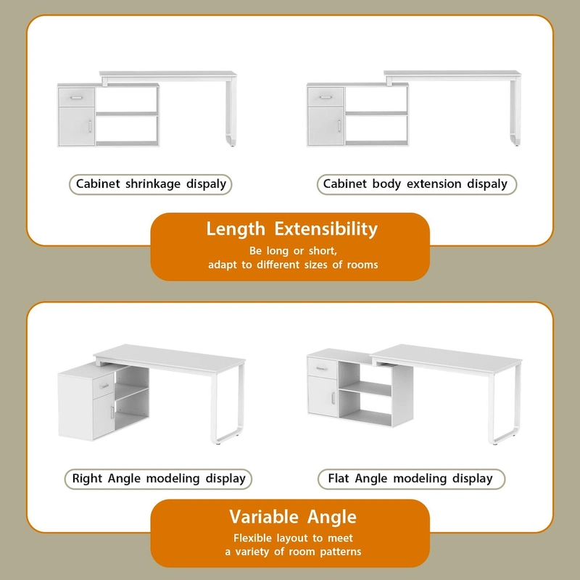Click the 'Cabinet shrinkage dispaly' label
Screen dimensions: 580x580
pyautogui.click(x=152, y=184)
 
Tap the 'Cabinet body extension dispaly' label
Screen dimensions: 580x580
pyautogui.click(x=415, y=184)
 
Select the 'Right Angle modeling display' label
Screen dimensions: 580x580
pyautogui.click(x=159, y=478)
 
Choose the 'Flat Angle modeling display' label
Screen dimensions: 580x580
pyautogui.click(x=410, y=478)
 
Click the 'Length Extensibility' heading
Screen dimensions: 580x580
pyautogui.click(x=291, y=230)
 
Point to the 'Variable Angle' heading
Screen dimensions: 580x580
pyautogui.click(x=293, y=517)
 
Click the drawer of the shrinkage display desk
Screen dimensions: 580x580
pyautogui.click(x=76, y=96)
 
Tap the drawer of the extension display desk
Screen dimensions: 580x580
pyautogui.click(x=326, y=96)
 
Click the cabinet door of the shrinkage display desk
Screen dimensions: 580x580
pyautogui.click(x=76, y=126)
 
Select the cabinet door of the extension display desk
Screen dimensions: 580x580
pyautogui.click(x=326, y=126)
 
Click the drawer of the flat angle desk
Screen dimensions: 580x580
pyautogui.click(x=321, y=368)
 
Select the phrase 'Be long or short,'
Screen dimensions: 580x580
pyautogui.click(x=293, y=251)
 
